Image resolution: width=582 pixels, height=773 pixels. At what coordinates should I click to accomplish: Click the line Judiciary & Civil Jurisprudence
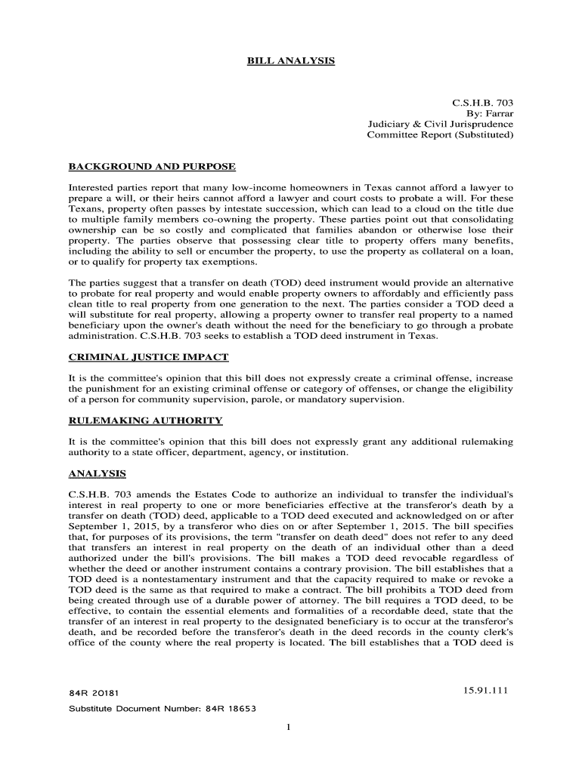(x=440, y=124)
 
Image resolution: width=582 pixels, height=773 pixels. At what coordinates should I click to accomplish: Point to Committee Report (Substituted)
(x=440, y=135)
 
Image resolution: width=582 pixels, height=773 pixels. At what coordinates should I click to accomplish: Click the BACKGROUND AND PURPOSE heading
(x=152, y=166)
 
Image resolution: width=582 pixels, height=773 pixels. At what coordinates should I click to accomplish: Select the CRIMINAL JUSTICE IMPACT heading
(x=148, y=356)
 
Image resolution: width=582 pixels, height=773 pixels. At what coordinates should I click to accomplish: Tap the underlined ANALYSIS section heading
(x=97, y=474)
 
